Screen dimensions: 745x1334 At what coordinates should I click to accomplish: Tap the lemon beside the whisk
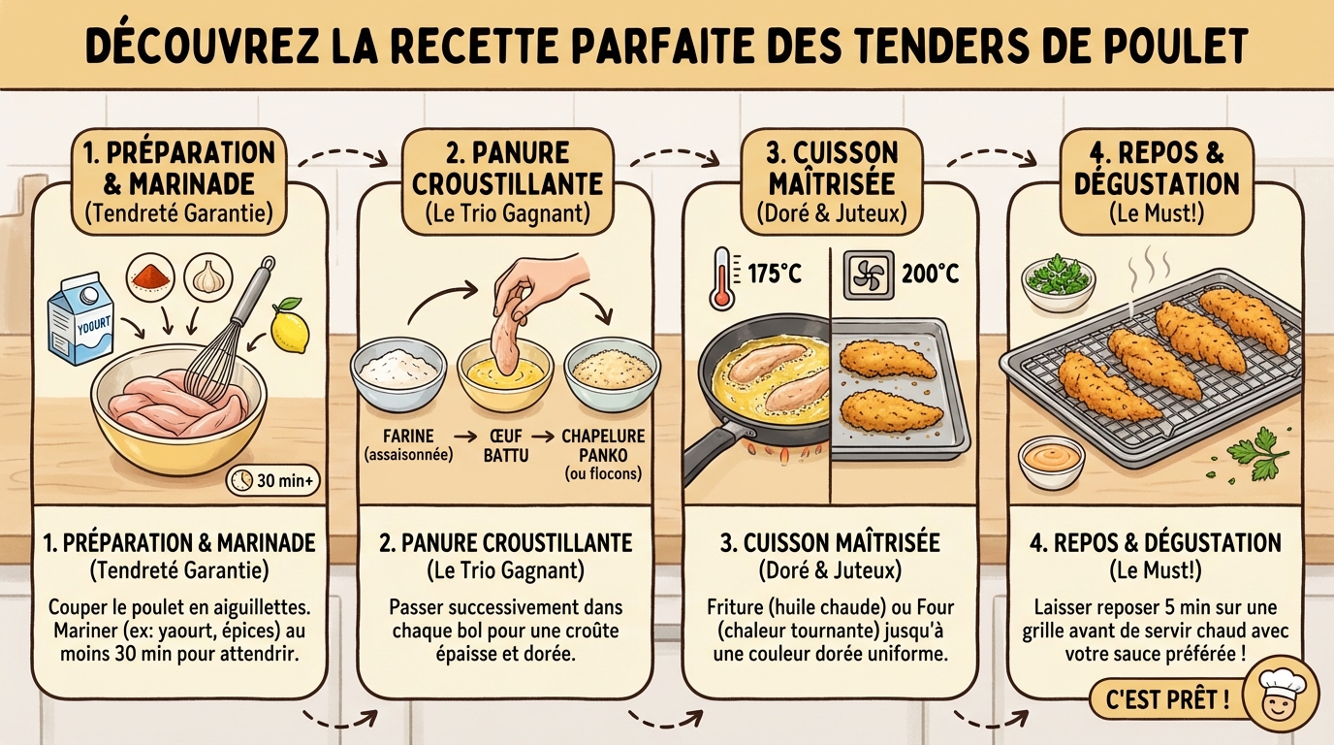pos(289,327)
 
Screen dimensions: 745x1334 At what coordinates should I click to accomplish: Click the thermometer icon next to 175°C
pos(721,276)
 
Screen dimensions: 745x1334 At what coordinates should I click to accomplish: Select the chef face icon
pos(1278,697)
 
